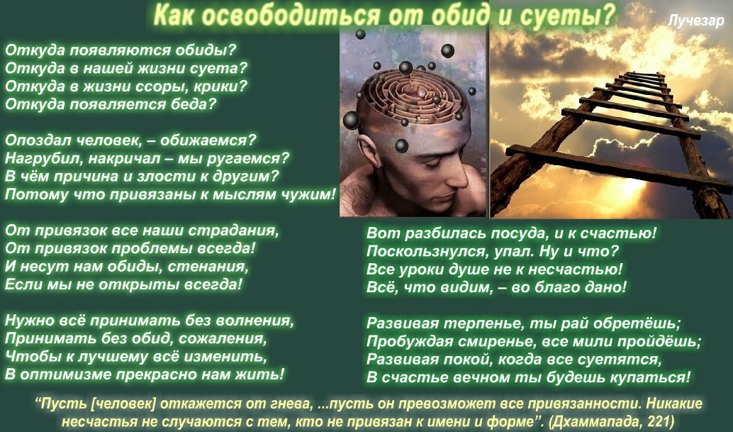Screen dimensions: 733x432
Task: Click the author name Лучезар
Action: point(695,21)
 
